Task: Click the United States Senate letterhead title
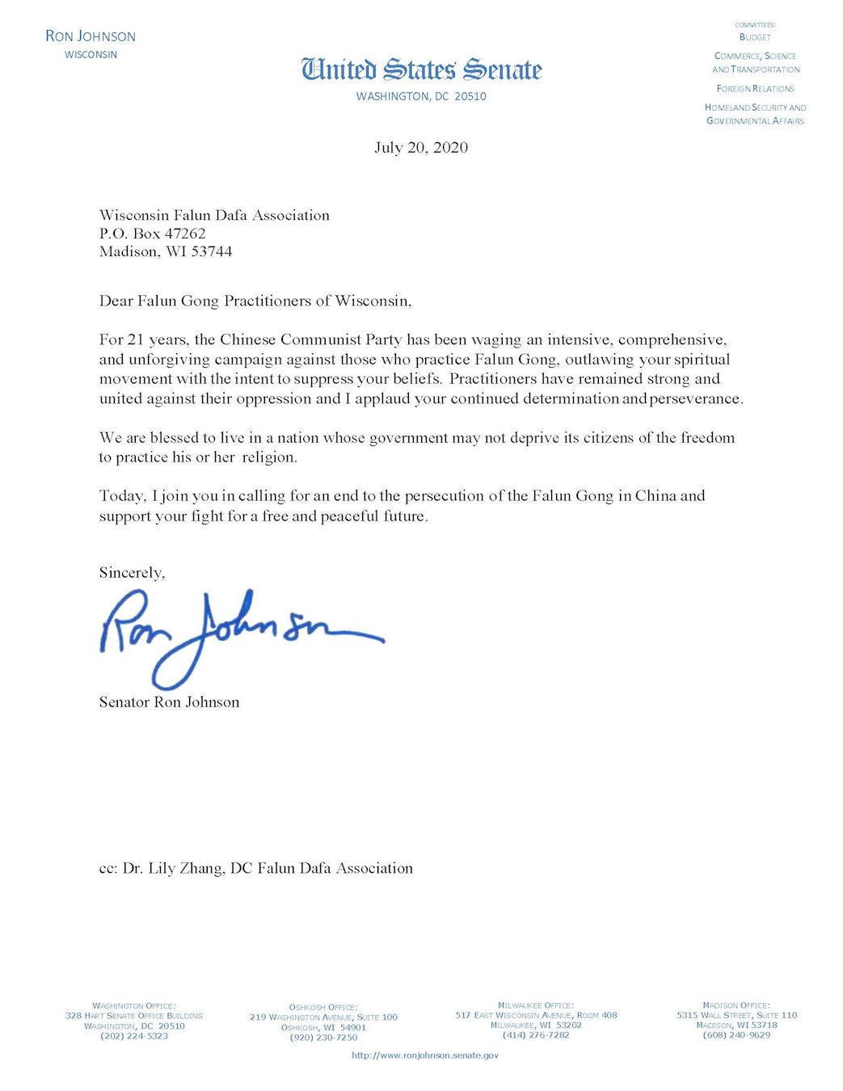[x=421, y=70]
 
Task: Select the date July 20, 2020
[x=421, y=147]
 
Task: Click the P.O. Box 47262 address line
[x=153, y=234]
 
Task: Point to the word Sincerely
[x=132, y=572]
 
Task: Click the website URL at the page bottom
[x=425, y=1055]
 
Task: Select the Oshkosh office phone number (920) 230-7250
[x=323, y=1037]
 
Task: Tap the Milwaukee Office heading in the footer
[x=536, y=1005]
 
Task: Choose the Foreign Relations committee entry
[x=755, y=89]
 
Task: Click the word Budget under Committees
[x=755, y=37]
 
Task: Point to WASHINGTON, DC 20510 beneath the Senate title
[x=421, y=96]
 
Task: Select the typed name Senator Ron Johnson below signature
[x=170, y=701]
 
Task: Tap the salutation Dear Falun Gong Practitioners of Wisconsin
[x=255, y=301]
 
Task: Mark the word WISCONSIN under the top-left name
[x=91, y=55]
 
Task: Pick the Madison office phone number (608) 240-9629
[x=736, y=1034]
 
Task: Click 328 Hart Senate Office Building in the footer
[x=134, y=1016]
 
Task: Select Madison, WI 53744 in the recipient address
[x=166, y=251]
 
